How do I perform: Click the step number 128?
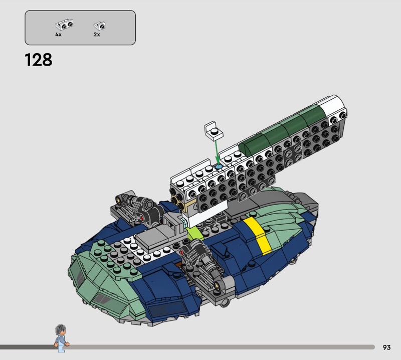(x=39, y=60)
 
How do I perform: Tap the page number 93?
(x=386, y=347)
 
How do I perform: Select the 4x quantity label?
(x=58, y=34)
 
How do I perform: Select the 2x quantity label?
(x=97, y=34)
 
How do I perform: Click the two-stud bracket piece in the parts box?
(x=64, y=24)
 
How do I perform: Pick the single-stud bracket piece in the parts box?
(x=99, y=26)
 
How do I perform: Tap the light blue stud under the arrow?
(x=219, y=167)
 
